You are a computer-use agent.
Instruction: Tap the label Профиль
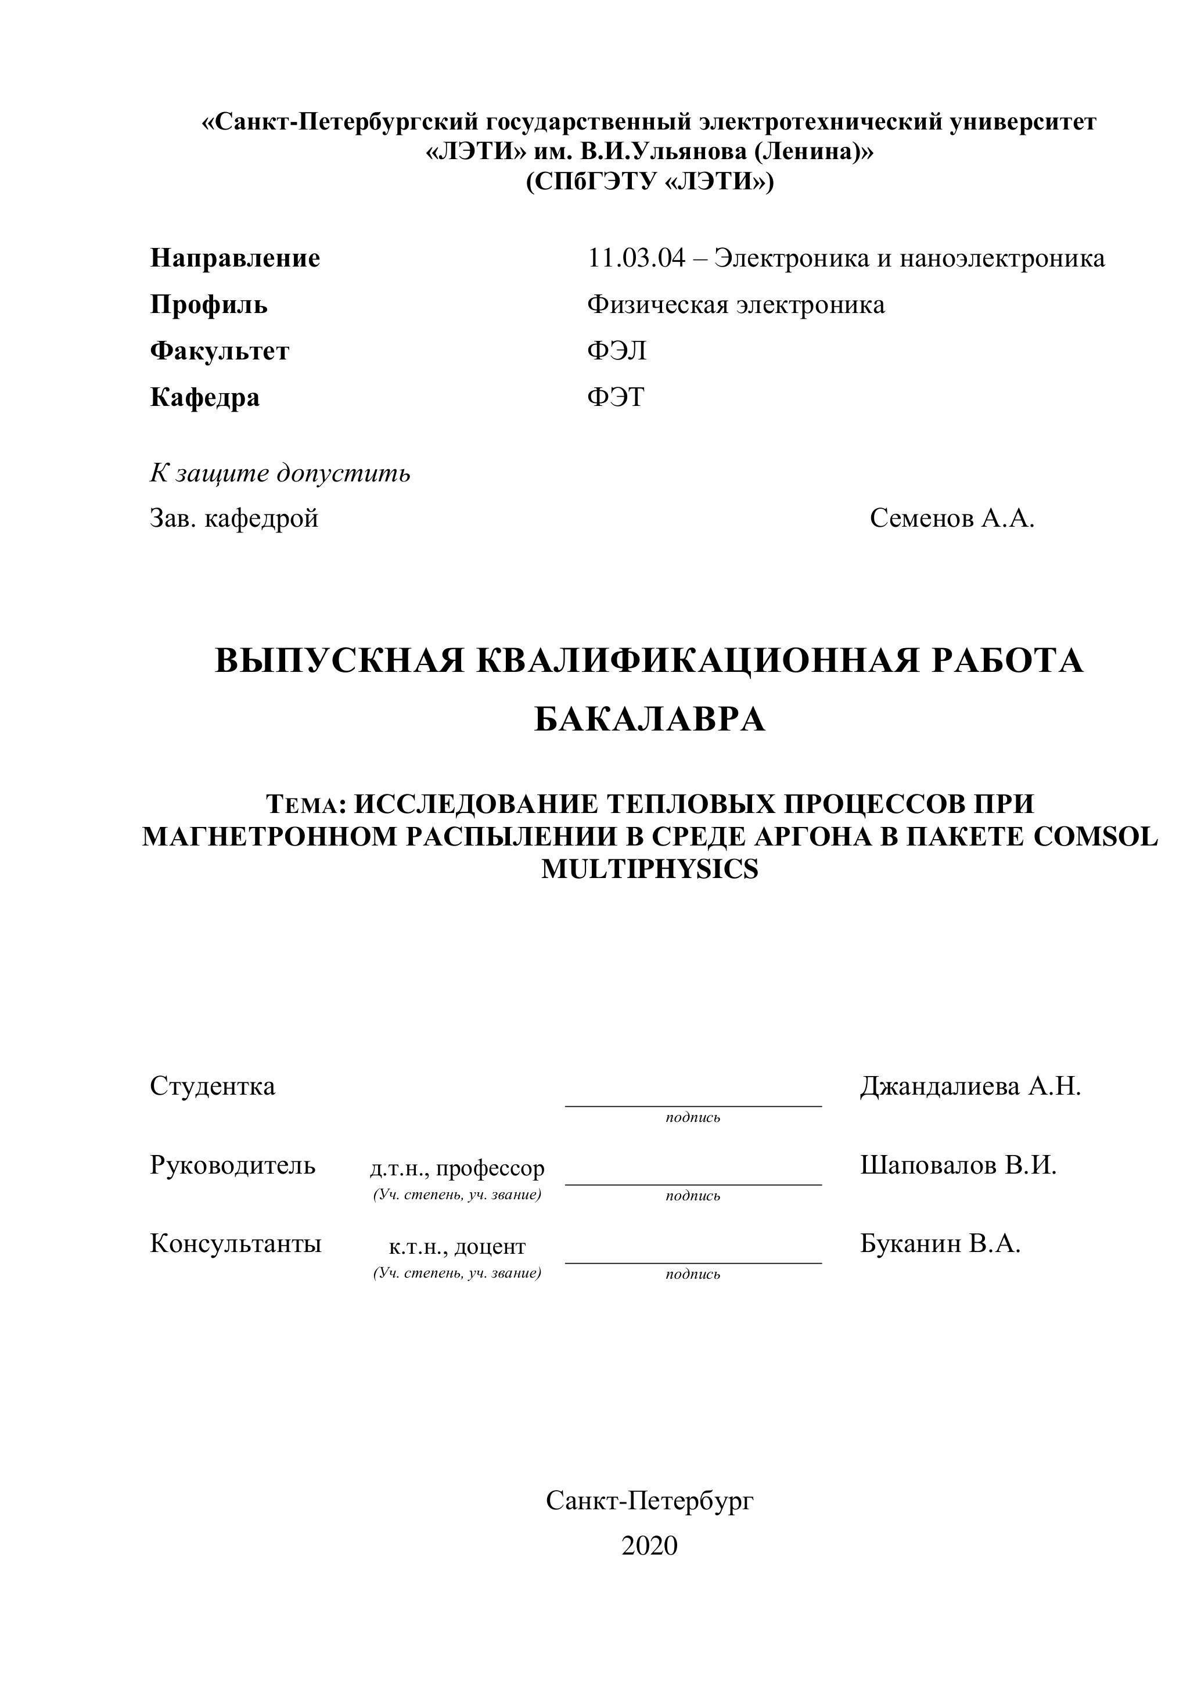point(208,305)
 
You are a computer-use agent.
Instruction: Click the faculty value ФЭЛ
point(617,351)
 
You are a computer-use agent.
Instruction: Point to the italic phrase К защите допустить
point(281,473)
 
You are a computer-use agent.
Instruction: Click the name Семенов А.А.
point(952,519)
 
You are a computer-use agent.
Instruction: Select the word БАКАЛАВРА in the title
point(649,719)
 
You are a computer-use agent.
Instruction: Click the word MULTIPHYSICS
point(649,869)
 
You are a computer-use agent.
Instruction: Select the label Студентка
point(212,1087)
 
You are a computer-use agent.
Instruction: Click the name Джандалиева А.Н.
point(970,1087)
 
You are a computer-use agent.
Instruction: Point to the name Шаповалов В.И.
point(958,1165)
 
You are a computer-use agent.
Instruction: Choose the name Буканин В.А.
point(940,1244)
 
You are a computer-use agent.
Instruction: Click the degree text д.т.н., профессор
point(457,1168)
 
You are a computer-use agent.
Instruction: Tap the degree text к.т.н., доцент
point(457,1247)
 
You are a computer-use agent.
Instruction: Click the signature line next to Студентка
point(693,1105)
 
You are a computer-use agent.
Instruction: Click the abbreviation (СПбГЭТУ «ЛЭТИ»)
point(649,181)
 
